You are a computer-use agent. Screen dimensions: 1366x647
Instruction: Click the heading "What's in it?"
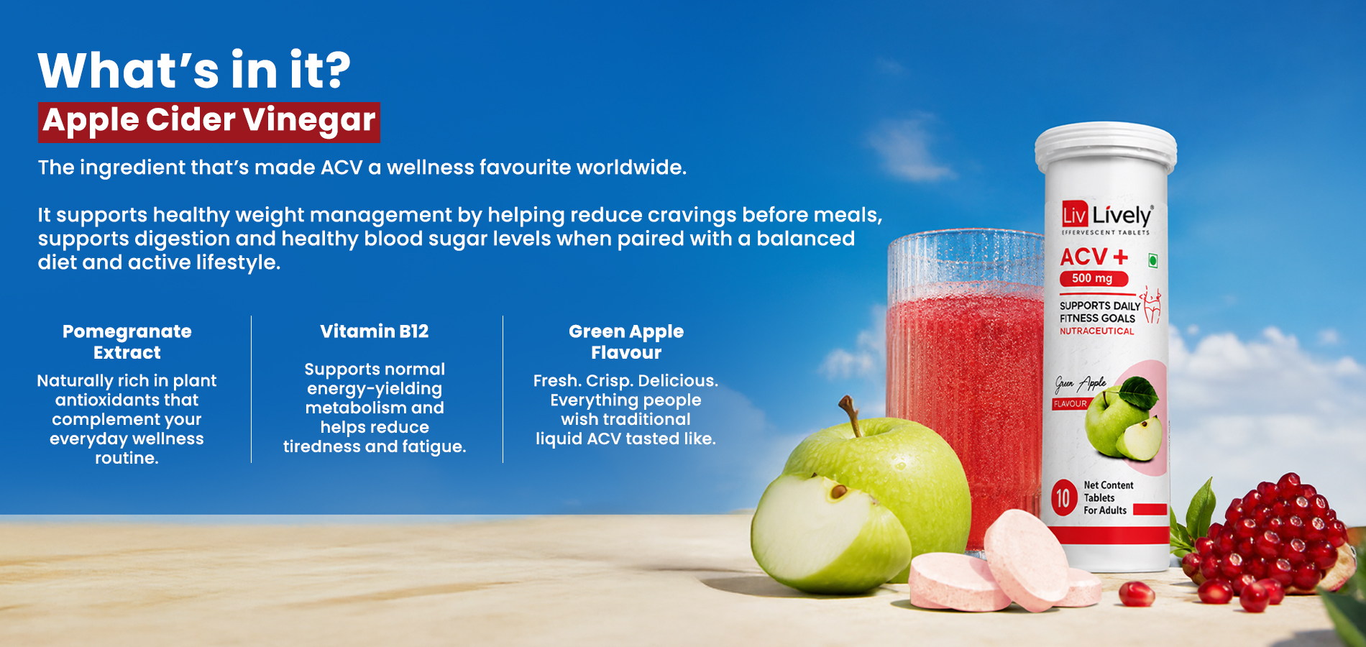[194, 70]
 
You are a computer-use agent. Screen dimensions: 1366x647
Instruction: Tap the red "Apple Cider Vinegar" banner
[209, 122]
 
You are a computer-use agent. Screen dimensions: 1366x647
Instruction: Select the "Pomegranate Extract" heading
[127, 341]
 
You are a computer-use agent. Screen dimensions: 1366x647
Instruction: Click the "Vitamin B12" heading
[375, 331]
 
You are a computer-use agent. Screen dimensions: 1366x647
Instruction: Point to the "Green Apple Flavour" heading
[626, 341]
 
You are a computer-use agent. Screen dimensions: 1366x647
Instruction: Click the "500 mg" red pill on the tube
[1094, 278]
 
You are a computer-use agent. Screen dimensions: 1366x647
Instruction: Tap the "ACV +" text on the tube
[1094, 257]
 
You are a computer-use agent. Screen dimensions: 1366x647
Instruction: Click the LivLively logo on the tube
[1107, 216]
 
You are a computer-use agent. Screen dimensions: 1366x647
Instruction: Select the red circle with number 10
[1063, 497]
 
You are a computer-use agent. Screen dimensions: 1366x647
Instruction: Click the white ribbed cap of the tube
[1105, 150]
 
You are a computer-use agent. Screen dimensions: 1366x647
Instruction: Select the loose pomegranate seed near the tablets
[1137, 594]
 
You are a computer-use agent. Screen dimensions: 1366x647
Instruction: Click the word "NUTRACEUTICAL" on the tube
[1096, 331]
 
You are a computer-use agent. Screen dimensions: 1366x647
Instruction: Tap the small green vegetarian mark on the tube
[1152, 261]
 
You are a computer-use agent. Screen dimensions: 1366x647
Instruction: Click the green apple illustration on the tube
[1123, 421]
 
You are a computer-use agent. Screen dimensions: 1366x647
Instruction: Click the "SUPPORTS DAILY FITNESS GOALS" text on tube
[1099, 312]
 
